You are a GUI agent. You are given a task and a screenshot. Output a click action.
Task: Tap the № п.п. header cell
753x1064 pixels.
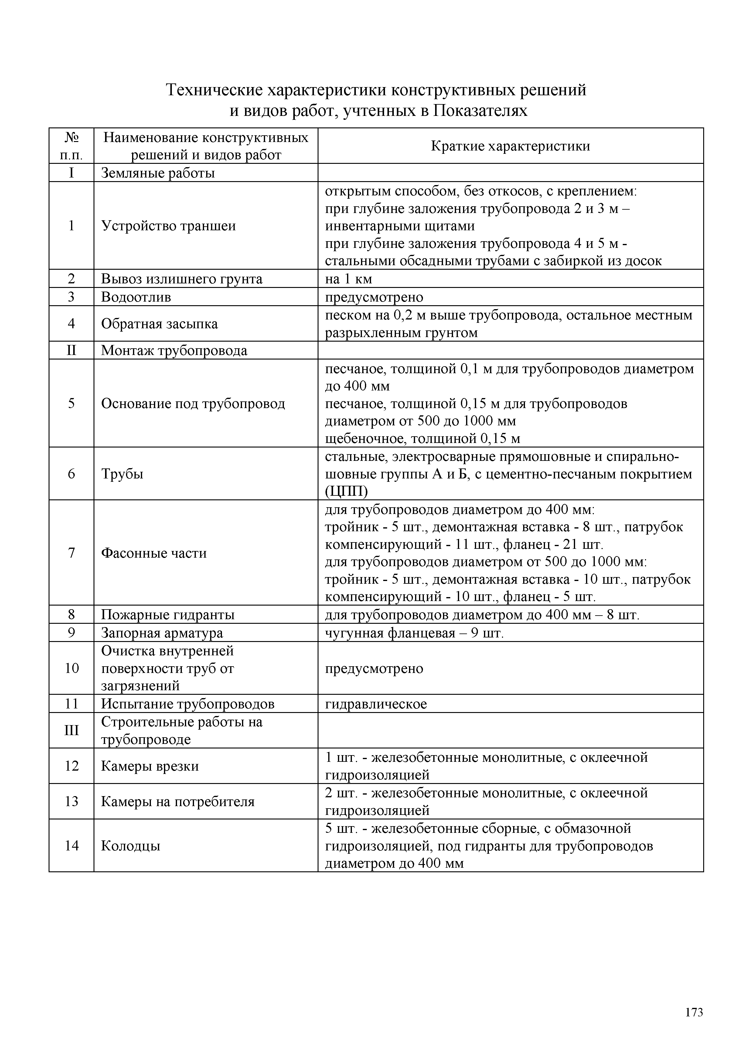(71, 146)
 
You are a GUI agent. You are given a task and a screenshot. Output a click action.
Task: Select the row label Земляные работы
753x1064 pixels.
(158, 173)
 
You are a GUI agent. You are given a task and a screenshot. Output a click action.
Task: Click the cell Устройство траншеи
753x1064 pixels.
(168, 226)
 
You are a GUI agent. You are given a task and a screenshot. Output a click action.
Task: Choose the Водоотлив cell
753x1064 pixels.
(136, 297)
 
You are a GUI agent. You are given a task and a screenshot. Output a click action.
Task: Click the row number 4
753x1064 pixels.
(71, 323)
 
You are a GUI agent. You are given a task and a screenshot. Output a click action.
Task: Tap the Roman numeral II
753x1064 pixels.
(71, 350)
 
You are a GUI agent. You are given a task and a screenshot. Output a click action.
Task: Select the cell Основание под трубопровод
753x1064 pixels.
(193, 404)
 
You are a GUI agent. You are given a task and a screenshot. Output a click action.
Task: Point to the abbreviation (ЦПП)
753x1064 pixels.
(346, 491)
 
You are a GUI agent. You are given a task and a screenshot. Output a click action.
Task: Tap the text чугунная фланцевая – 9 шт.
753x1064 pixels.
(414, 633)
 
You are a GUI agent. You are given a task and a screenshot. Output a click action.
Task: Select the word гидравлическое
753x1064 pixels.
(376, 704)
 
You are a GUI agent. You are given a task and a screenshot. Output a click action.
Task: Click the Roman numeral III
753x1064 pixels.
(71, 730)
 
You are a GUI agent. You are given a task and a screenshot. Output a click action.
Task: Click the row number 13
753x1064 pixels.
(71, 801)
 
